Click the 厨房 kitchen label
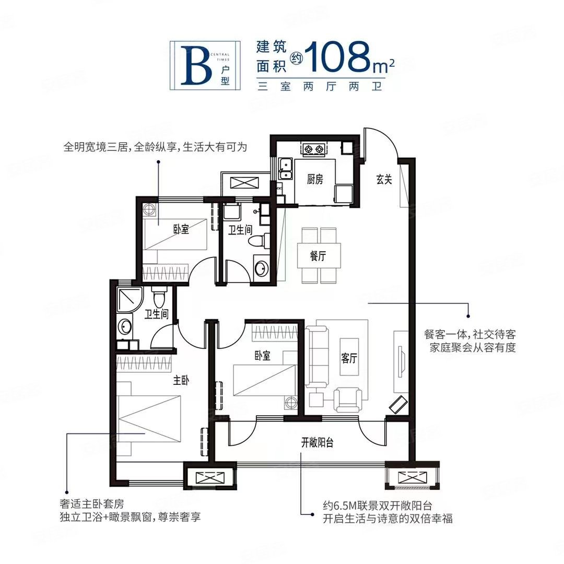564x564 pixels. point(315,180)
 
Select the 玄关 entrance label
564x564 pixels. point(384,180)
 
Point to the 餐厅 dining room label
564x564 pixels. point(318,256)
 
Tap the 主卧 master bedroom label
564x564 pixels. point(181,381)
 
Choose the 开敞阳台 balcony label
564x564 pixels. point(317,443)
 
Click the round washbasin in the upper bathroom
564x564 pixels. point(261,268)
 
